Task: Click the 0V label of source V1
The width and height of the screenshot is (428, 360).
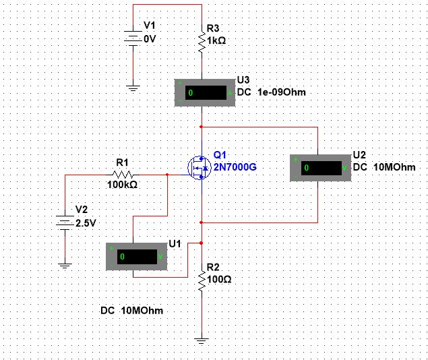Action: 150,39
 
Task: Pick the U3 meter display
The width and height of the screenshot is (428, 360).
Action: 205,92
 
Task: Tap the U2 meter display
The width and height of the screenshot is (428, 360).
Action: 321,167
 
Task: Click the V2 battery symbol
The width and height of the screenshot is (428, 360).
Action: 64,220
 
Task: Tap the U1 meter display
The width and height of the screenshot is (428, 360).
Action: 137,257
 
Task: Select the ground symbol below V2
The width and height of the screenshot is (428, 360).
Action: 64,266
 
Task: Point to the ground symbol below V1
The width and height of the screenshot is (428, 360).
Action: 133,88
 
